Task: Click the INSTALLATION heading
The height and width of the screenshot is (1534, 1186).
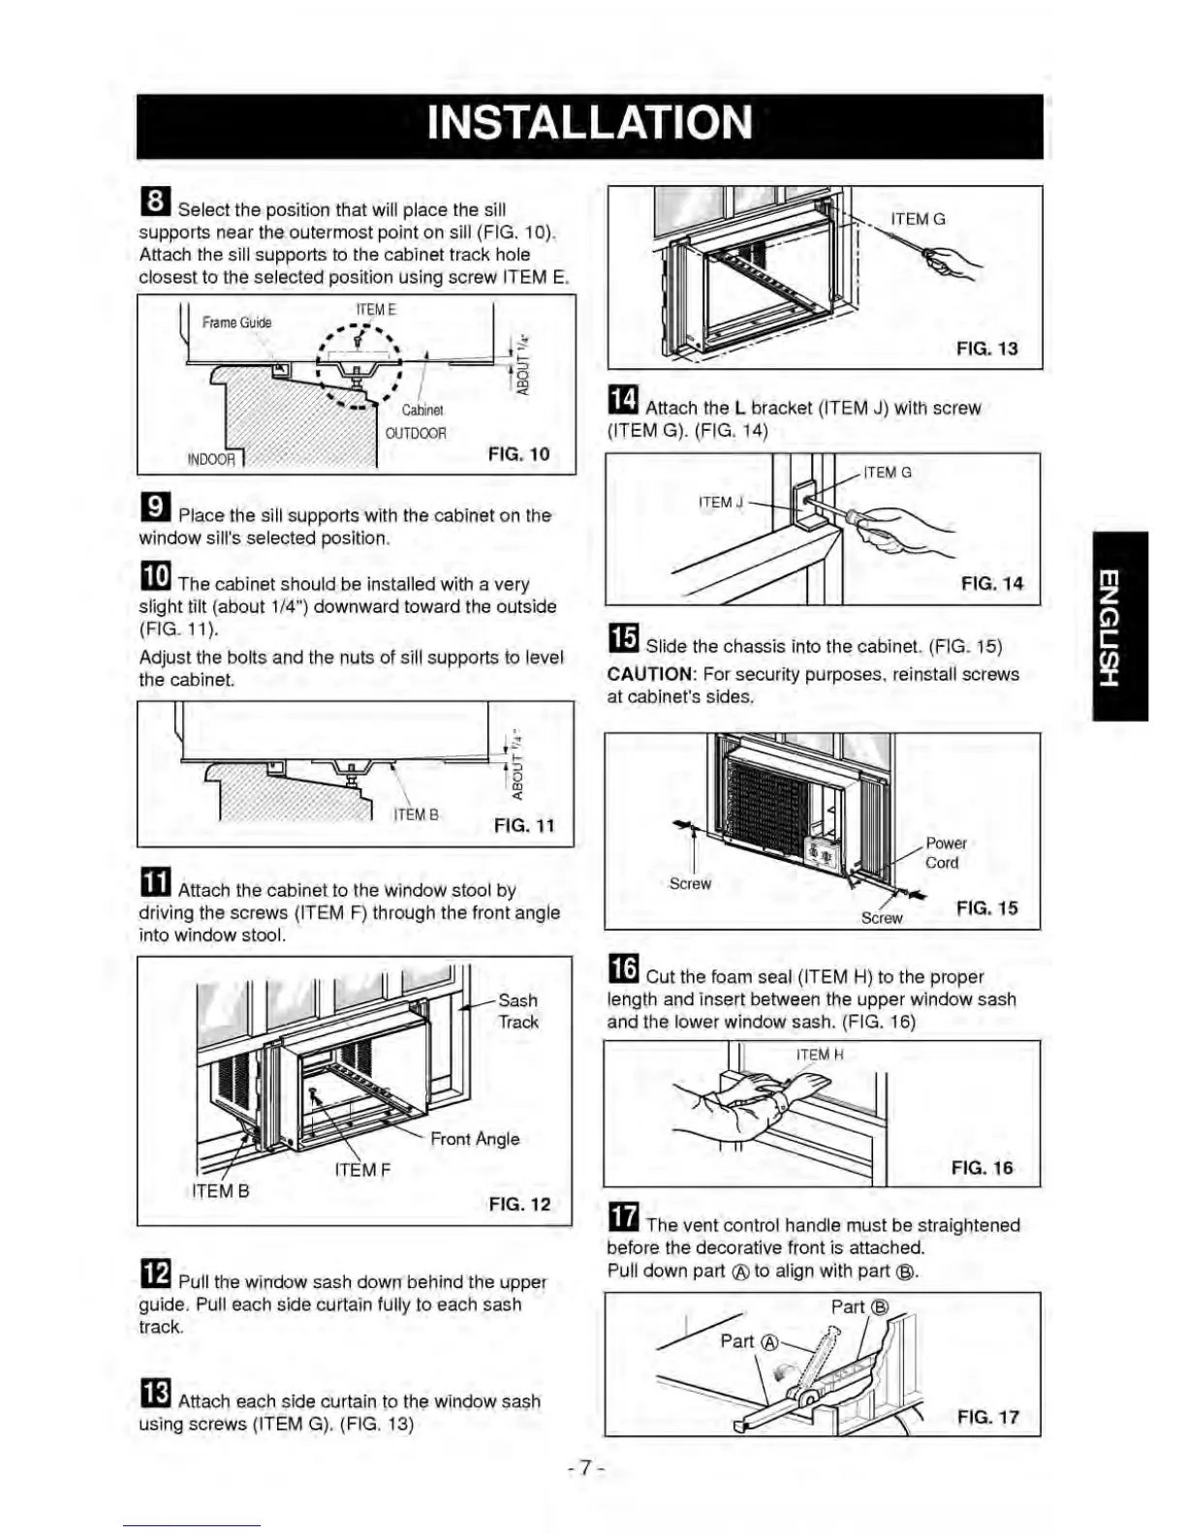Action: point(589,124)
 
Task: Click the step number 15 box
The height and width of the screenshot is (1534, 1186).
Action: point(623,639)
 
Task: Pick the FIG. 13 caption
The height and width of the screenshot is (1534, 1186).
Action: point(986,349)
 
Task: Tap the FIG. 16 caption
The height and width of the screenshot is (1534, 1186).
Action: point(982,1168)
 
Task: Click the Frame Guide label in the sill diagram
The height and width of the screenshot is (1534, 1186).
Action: point(236,322)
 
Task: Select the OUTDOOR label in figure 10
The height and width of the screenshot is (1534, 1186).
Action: point(416,433)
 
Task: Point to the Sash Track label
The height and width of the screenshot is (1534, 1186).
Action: point(517,1011)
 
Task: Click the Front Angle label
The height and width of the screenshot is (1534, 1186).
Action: point(475,1139)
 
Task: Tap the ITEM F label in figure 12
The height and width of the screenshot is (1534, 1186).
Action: point(362,1170)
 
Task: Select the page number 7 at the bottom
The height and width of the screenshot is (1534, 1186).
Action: point(586,1468)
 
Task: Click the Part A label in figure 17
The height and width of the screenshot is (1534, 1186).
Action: point(749,1341)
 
